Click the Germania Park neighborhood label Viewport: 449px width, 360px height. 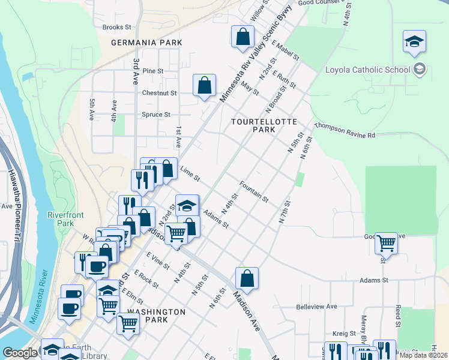pos(146,43)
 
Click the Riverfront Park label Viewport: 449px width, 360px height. pos(65,218)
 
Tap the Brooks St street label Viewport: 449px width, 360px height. pos(116,27)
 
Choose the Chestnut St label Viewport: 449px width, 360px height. pos(159,93)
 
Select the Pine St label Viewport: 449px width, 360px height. pos(152,71)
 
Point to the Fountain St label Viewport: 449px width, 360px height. pos(254,191)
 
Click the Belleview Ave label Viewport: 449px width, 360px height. pos(316,306)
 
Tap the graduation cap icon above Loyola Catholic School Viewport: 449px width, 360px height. pos(414,42)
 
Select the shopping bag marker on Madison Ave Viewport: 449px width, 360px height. pos(247,278)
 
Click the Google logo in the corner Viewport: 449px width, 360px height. pos(20,353)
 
